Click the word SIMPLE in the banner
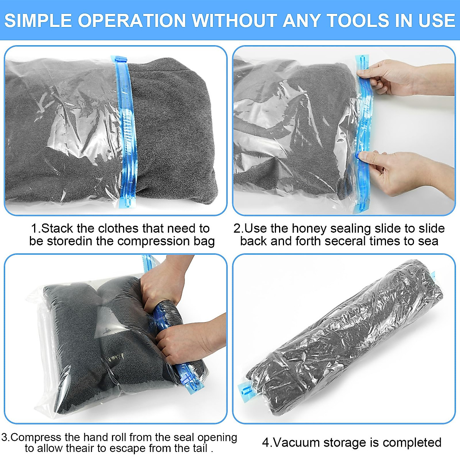39,20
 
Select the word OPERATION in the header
133,20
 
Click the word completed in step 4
412,442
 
